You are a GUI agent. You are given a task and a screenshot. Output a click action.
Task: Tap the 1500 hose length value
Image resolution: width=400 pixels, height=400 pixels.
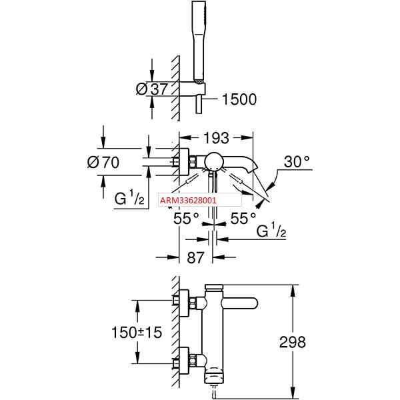click(239, 99)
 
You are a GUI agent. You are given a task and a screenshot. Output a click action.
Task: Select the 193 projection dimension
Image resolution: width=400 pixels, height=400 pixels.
click(215, 138)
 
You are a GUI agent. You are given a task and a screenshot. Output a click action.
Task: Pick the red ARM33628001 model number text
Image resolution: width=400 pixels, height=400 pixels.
click(188, 199)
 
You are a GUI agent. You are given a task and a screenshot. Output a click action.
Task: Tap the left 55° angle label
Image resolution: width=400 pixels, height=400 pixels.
click(187, 218)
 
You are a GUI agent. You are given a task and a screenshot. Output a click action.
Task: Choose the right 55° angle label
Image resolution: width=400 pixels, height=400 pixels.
click(243, 218)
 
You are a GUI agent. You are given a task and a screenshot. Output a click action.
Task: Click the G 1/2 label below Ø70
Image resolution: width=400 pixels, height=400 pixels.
click(131, 198)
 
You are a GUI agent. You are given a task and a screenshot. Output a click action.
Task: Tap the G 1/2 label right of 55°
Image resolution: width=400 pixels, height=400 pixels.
click(271, 231)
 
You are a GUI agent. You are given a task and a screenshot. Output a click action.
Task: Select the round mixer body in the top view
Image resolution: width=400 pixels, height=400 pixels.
click(214, 160)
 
